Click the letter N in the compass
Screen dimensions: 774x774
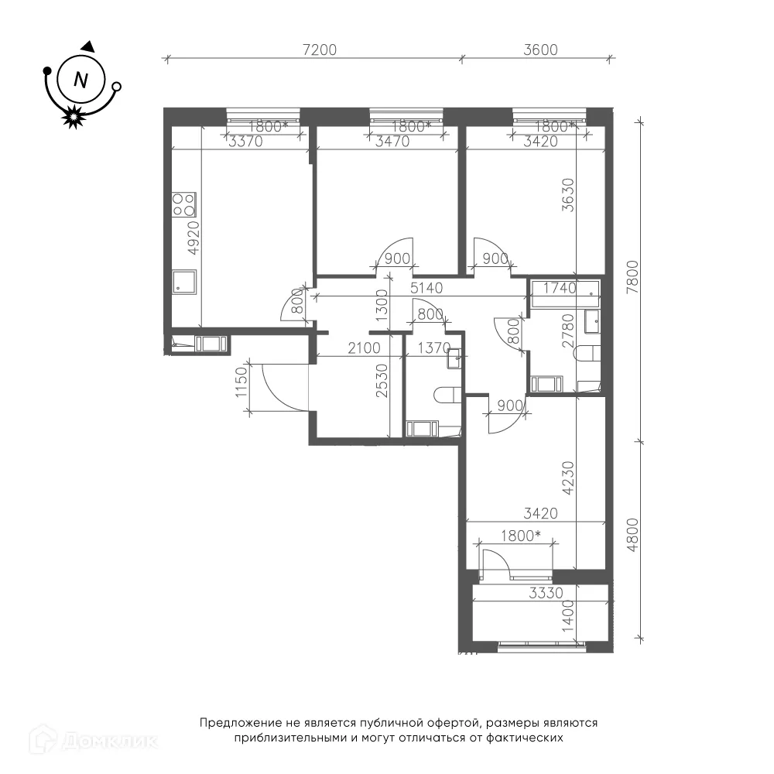[x=80, y=80]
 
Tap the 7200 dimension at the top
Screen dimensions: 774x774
[x=320, y=50]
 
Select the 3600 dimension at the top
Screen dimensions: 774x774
[x=540, y=50]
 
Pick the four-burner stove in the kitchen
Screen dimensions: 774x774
[x=183, y=205]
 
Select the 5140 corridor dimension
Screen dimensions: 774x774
[x=426, y=288]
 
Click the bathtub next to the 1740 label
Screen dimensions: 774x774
[x=565, y=294]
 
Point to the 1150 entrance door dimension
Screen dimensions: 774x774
[x=241, y=382]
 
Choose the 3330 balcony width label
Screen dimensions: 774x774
[x=546, y=592]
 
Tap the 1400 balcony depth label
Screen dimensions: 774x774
[x=569, y=615]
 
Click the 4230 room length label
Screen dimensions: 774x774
[x=569, y=478]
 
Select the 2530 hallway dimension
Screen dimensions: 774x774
[x=382, y=381]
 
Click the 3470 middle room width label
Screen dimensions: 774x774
[x=392, y=142]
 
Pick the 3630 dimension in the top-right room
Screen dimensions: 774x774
[x=569, y=195]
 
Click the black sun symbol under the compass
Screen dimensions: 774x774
[x=73, y=117]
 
